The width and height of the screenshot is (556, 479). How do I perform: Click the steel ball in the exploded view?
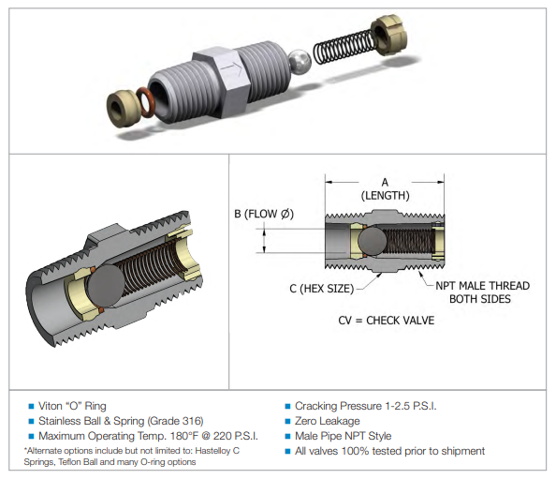coord(300,62)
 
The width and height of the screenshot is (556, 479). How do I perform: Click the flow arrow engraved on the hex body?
coord(233,68)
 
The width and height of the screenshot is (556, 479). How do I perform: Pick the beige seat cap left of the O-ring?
coord(122,108)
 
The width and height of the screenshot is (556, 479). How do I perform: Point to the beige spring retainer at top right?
coord(388,35)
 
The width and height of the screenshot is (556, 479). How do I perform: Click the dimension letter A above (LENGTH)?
coord(385,183)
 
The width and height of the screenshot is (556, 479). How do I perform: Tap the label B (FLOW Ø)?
coord(264,214)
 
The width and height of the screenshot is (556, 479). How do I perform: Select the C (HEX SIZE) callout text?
coord(322,289)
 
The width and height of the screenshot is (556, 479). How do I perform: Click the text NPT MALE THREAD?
coord(483,286)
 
